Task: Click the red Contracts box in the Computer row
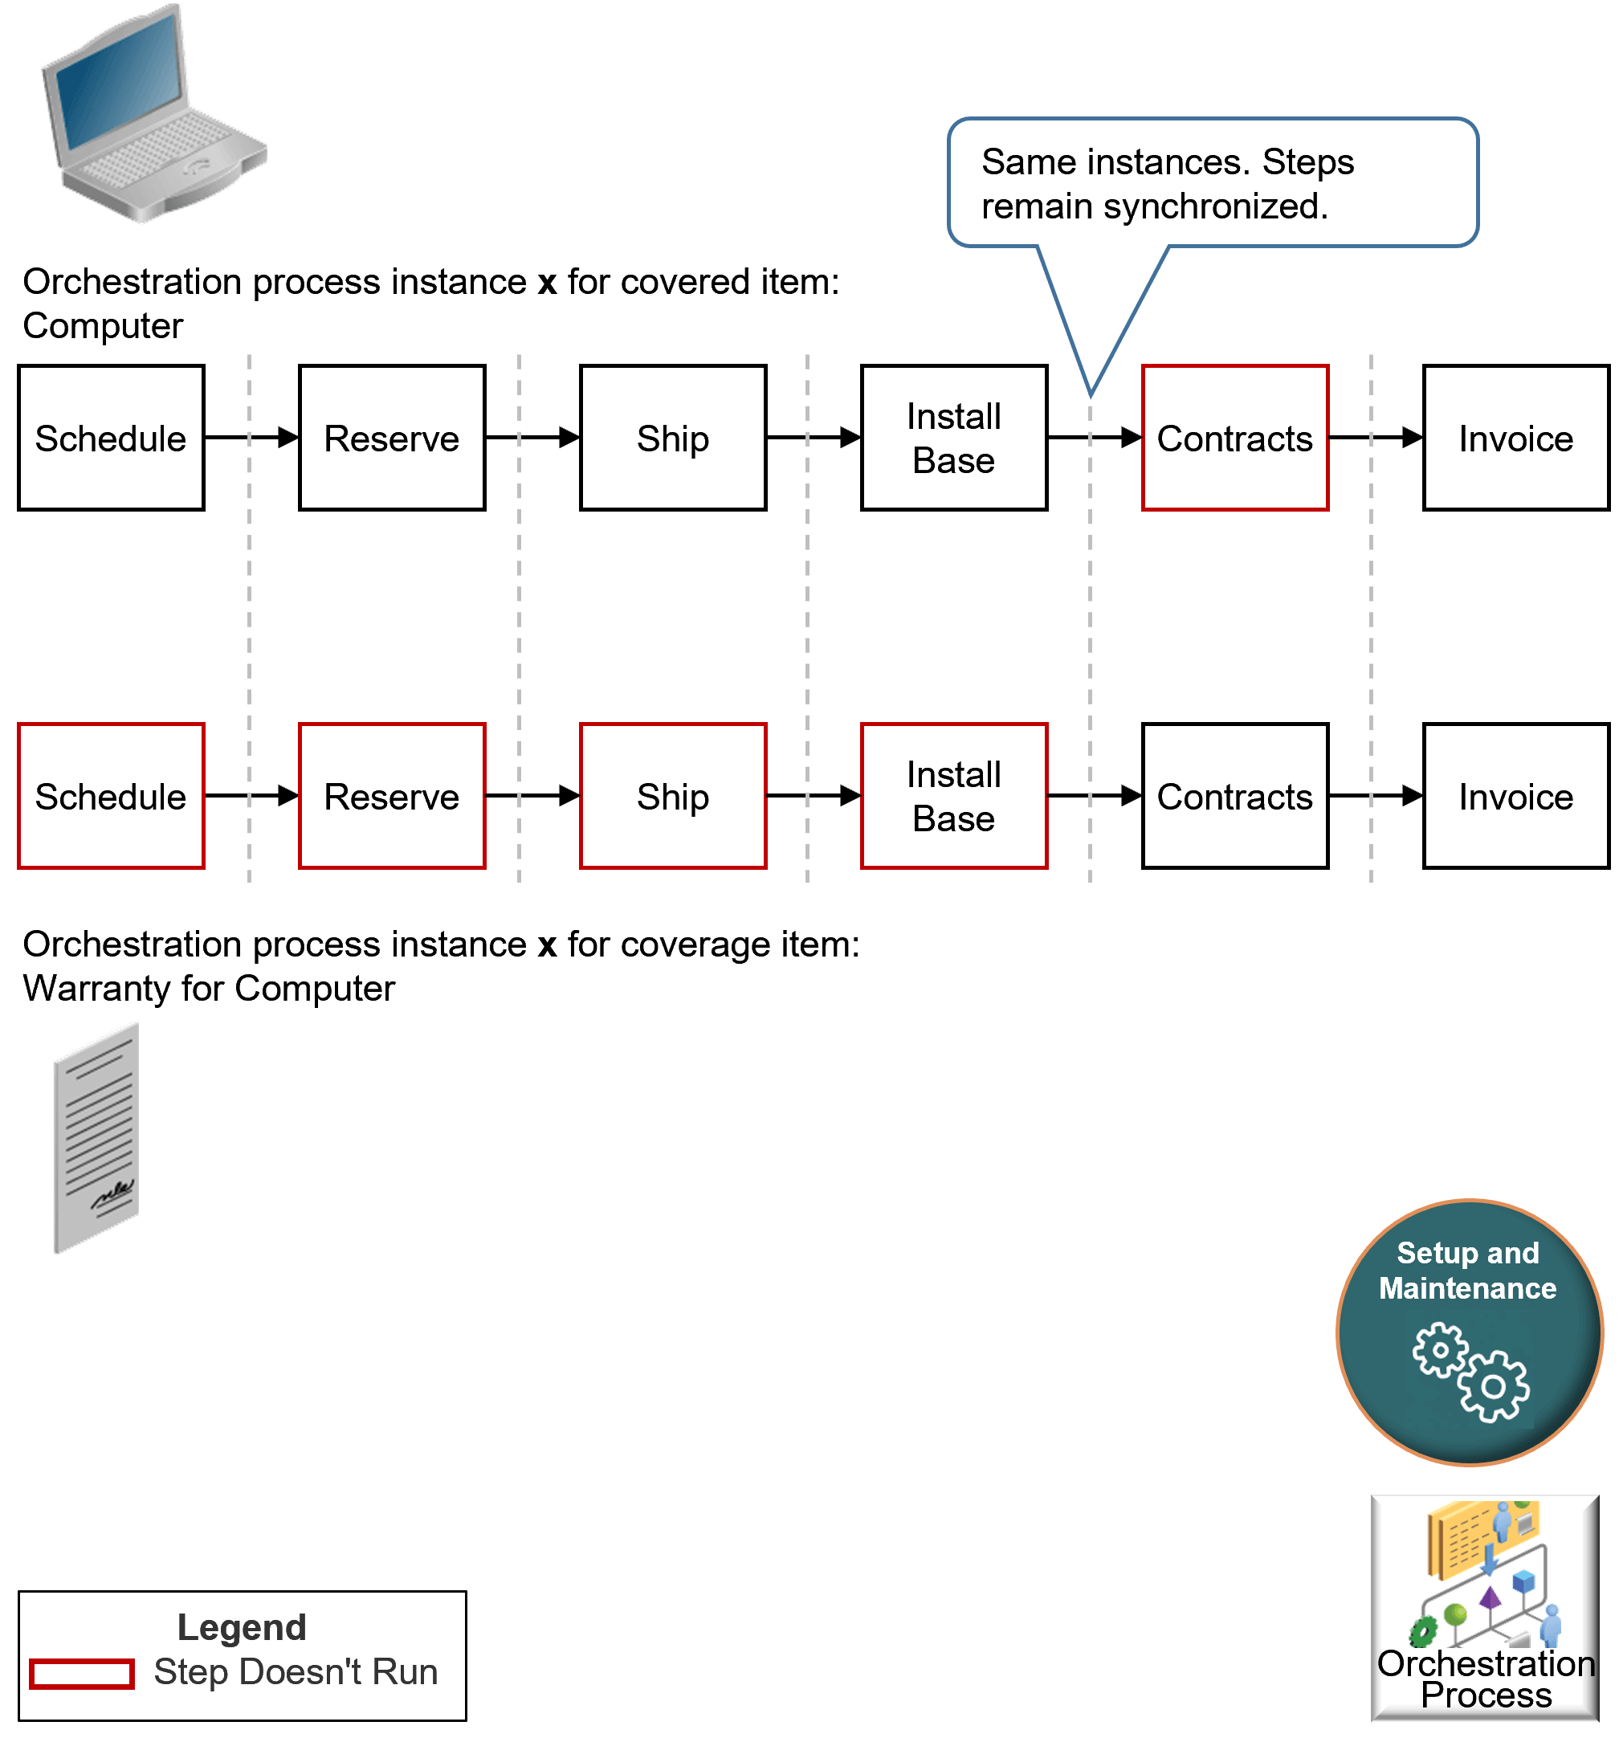[1234, 438]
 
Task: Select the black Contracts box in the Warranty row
[1234, 796]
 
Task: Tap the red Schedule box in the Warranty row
[111, 796]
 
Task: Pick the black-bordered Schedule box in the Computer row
[111, 438]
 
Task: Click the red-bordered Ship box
[672, 796]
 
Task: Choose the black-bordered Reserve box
[392, 438]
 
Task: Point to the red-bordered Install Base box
[954, 796]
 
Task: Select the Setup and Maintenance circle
[1469, 1332]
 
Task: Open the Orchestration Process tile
[1484, 1607]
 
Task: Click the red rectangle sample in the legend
[81, 1673]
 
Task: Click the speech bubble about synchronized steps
[1212, 184]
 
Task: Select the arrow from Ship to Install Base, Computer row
[813, 437]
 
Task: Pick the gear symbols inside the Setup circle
[1470, 1371]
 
